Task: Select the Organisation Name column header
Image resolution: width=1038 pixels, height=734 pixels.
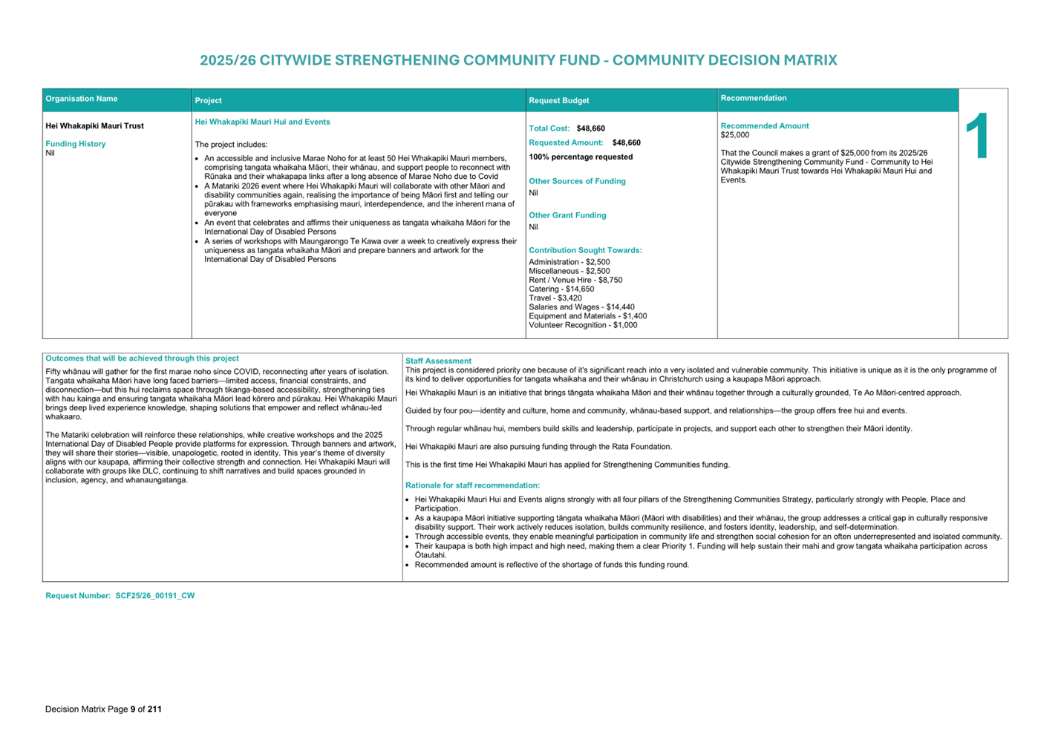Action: pyautogui.click(x=82, y=99)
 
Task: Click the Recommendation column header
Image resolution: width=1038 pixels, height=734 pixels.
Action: pyautogui.click(x=753, y=98)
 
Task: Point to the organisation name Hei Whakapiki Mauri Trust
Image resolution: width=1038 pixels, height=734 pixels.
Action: pyautogui.click(x=94, y=126)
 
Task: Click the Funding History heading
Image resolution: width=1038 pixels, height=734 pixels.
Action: pyautogui.click(x=75, y=144)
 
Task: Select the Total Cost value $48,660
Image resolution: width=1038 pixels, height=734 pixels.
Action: pyautogui.click(x=590, y=128)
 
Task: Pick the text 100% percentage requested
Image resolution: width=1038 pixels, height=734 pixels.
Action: pyautogui.click(x=581, y=157)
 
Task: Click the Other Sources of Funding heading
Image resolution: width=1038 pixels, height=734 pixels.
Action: pyautogui.click(x=577, y=181)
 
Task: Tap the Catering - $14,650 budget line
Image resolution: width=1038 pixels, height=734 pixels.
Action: pyautogui.click(x=561, y=289)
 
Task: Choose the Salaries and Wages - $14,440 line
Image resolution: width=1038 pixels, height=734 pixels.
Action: pyautogui.click(x=581, y=307)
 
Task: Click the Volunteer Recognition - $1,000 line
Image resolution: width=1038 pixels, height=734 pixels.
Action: pyautogui.click(x=583, y=325)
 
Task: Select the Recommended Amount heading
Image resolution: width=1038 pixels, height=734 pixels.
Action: pyautogui.click(x=764, y=126)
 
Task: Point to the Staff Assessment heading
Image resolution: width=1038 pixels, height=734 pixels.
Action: pyautogui.click(x=438, y=361)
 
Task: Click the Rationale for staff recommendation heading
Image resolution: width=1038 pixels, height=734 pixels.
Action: pyautogui.click(x=472, y=485)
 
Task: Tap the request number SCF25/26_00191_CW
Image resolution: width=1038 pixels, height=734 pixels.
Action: pyautogui.click(x=154, y=596)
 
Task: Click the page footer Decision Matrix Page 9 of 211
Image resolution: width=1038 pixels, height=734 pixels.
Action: pyautogui.click(x=103, y=710)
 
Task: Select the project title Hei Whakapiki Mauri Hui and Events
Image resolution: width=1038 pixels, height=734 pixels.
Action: pyautogui.click(x=262, y=122)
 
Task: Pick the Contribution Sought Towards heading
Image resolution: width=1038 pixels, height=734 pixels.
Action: pyautogui.click(x=585, y=250)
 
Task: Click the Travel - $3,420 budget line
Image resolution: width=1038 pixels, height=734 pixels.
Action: pyautogui.click(x=555, y=298)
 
